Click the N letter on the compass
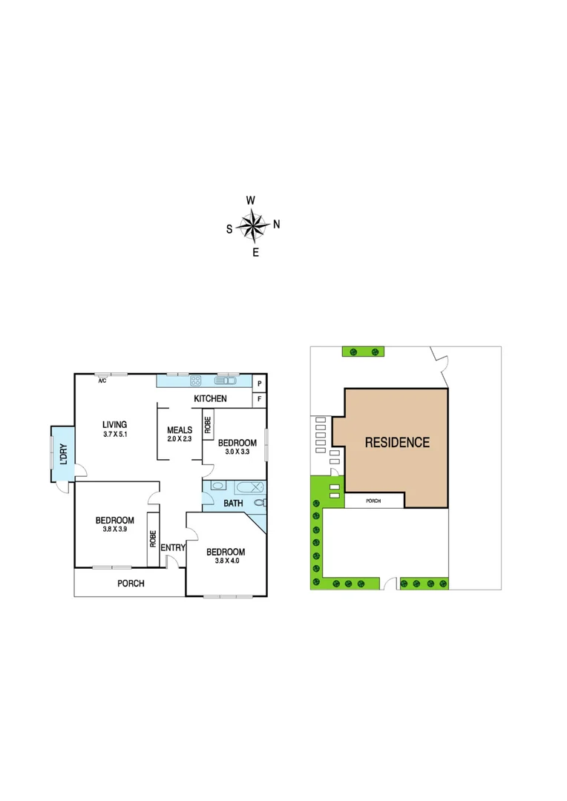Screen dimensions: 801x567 [x=277, y=224]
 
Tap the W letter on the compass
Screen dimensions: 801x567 [x=251, y=200]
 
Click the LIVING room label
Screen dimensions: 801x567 [x=114, y=425]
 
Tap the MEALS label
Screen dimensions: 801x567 [x=180, y=429]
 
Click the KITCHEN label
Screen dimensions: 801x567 [x=210, y=399]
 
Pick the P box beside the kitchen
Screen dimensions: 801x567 [x=259, y=383]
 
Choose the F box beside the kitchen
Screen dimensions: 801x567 [x=259, y=399]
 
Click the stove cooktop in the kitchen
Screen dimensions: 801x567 [x=197, y=381]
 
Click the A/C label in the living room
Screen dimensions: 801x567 [x=102, y=380]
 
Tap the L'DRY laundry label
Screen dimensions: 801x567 [x=63, y=453]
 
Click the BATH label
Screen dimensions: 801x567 [x=234, y=504]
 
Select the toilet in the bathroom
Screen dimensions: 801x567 [x=258, y=502]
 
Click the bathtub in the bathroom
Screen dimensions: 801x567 [x=246, y=487]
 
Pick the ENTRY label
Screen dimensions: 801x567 [x=172, y=548]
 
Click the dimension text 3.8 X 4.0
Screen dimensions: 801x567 [x=225, y=561]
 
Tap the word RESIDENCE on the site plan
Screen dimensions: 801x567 [x=397, y=443]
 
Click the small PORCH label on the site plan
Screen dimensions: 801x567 [x=374, y=501]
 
